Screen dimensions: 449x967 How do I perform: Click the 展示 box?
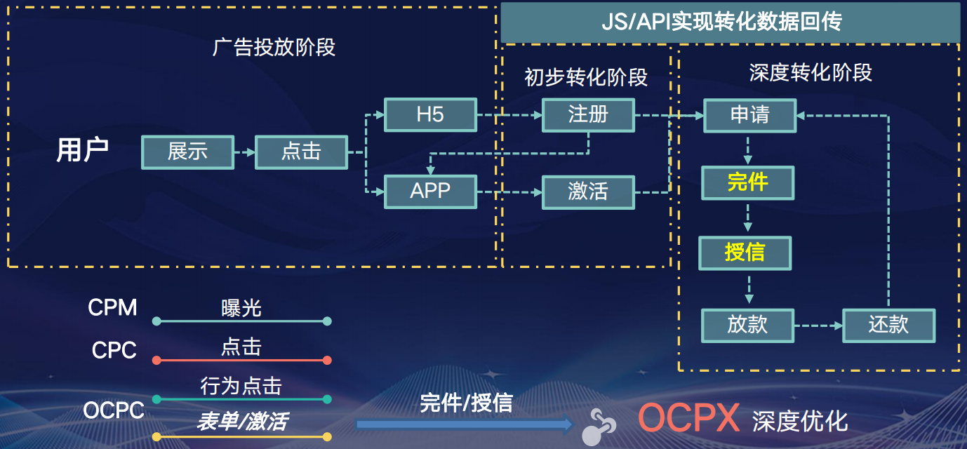click(x=187, y=152)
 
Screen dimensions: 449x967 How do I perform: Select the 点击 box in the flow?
click(x=301, y=152)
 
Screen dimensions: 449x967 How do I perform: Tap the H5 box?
click(x=430, y=114)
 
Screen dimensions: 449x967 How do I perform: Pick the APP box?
click(x=430, y=190)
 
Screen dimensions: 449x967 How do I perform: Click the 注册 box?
click(x=588, y=114)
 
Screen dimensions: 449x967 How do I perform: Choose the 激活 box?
click(x=588, y=190)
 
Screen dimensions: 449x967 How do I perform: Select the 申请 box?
click(x=749, y=114)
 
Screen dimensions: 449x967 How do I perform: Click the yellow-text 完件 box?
click(x=747, y=182)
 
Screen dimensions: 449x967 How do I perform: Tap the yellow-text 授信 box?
click(x=745, y=253)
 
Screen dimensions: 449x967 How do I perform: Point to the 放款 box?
click(x=747, y=325)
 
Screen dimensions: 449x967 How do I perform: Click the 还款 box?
click(x=888, y=325)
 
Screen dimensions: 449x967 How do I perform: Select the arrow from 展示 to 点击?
click(x=244, y=152)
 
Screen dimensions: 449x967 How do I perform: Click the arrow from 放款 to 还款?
click(x=818, y=326)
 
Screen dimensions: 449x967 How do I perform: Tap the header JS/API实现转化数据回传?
click(x=731, y=22)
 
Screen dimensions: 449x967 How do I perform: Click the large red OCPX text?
click(x=688, y=418)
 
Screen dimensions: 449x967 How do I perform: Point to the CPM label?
click(x=112, y=307)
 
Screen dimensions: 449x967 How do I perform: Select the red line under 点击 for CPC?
click(x=241, y=361)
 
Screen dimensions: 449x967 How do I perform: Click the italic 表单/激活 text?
click(x=241, y=421)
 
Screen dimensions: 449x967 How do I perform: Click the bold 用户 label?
click(x=82, y=151)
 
